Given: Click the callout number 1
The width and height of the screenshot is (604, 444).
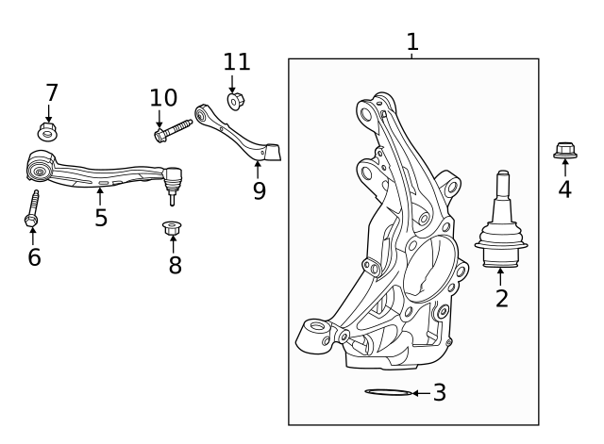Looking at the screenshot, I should pos(411,41).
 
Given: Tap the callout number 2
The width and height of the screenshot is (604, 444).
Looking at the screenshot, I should pos(501,299).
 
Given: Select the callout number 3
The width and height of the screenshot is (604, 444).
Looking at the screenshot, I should pos(439,392).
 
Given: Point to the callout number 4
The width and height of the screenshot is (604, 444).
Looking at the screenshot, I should pos(564,189).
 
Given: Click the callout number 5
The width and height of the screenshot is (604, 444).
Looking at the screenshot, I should pos(101,218).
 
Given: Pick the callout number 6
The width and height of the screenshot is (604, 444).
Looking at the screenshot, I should pos(34,256).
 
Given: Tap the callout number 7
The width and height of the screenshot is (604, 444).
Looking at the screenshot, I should pos(52,92).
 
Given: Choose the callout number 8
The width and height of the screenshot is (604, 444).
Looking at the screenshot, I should pos(175,265).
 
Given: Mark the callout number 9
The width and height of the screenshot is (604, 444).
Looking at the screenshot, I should pos(259,191).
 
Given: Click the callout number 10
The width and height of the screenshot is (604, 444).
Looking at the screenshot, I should pos(163,97).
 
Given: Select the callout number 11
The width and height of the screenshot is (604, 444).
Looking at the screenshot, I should pos(237,62).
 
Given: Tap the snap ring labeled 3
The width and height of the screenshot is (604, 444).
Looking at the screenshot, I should pos(388,392).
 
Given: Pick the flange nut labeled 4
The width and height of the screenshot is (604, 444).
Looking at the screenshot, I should pos(564,150).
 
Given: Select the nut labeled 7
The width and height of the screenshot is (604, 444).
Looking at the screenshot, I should pos(49,130).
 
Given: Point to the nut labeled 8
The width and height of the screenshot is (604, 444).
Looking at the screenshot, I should pos(172,227).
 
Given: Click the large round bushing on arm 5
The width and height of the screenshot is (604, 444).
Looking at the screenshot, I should pos(41,169).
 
